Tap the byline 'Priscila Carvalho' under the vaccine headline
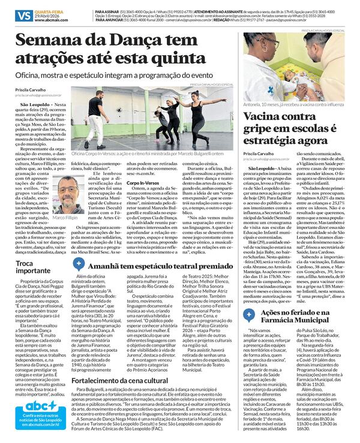coord(257,153)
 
